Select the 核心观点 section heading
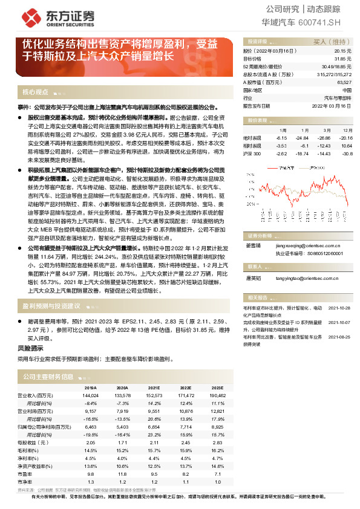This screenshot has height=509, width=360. [35, 92]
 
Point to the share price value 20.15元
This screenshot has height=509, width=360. [342, 51]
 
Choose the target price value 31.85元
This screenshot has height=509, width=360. [342, 59]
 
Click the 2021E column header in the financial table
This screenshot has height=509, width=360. [155, 387]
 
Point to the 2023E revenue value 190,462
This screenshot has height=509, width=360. [216, 394]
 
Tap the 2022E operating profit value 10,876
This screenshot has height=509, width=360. [186, 410]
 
